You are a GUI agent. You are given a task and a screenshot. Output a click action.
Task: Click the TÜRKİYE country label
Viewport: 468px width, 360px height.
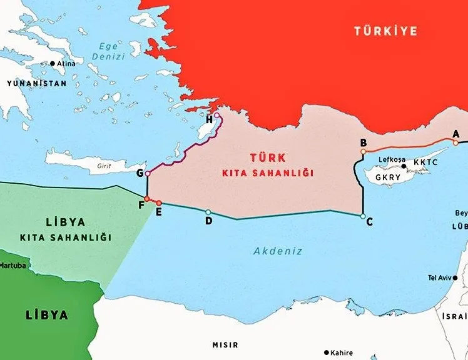pyautogui.click(x=385, y=31)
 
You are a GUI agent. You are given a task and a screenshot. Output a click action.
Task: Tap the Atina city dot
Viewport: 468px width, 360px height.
pyautogui.click(x=53, y=64)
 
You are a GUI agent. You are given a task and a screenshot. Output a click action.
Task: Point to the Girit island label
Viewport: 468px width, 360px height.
pyautogui.click(x=104, y=167)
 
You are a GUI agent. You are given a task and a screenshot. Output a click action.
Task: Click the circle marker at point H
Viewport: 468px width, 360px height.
pyautogui.click(x=216, y=115)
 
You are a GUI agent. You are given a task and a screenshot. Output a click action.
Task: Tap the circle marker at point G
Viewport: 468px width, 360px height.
pyautogui.click(x=147, y=173)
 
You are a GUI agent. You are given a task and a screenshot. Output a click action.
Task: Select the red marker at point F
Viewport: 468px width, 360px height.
pyautogui.click(x=146, y=199)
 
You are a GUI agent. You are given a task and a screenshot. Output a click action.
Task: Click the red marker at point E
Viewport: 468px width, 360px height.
pyautogui.click(x=159, y=203)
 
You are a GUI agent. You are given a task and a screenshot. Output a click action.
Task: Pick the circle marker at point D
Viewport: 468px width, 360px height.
pyautogui.click(x=208, y=212)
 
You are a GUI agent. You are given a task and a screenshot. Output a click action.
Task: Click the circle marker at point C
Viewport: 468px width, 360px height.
pyautogui.click(x=363, y=216)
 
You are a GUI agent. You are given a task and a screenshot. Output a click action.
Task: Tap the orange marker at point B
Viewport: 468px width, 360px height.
pyautogui.click(x=364, y=151)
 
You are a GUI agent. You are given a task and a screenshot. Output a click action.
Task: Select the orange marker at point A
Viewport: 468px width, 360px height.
pyautogui.click(x=456, y=142)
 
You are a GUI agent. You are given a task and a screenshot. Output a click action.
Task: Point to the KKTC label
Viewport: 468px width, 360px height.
pyautogui.click(x=425, y=162)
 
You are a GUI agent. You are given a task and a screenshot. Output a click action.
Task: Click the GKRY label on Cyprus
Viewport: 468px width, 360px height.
pyautogui.click(x=387, y=177)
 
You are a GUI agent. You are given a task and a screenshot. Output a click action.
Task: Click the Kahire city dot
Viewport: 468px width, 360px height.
pyautogui.click(x=325, y=352)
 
